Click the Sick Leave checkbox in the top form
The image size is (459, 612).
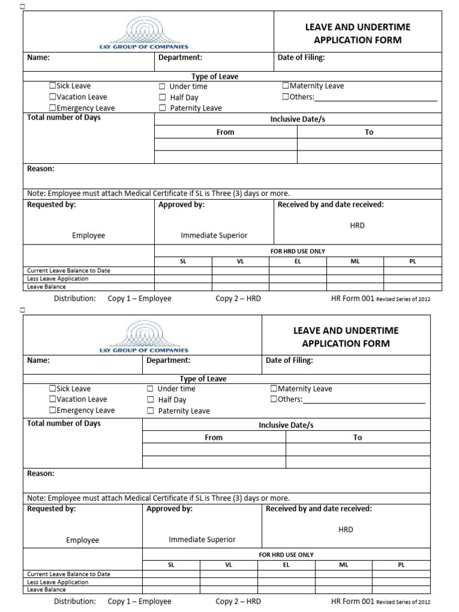point(53,86)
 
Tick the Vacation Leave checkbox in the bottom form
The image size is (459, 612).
point(53,399)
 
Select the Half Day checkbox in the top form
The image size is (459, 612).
point(162,97)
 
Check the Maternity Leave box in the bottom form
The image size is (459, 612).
point(274,388)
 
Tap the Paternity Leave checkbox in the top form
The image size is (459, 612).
point(162,108)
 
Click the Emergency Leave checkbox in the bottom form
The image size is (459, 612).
point(53,411)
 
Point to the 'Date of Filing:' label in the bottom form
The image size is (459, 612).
point(289,360)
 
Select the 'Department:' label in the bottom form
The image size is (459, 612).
point(169,360)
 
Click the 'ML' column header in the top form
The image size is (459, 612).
point(356,262)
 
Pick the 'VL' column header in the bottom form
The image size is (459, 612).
point(228,565)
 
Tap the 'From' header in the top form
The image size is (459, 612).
point(225,132)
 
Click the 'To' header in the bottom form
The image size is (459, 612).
point(357,437)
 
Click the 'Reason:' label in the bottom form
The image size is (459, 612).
point(41,473)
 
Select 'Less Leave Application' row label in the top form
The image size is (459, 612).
point(57,279)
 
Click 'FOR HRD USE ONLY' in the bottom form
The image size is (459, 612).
point(286,555)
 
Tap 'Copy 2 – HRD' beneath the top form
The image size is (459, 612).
point(238,298)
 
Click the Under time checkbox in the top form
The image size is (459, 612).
point(162,87)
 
